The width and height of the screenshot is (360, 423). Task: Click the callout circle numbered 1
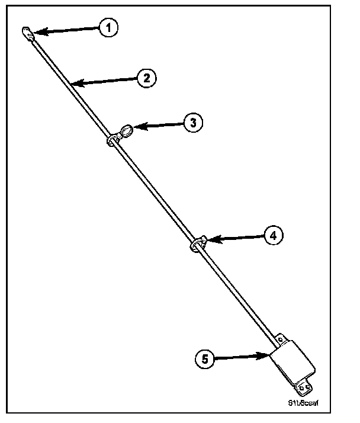click(108, 28)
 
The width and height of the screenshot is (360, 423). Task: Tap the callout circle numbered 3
click(192, 123)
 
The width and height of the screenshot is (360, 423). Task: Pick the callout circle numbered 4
click(272, 235)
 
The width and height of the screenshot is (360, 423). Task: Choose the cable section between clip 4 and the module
click(237, 290)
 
